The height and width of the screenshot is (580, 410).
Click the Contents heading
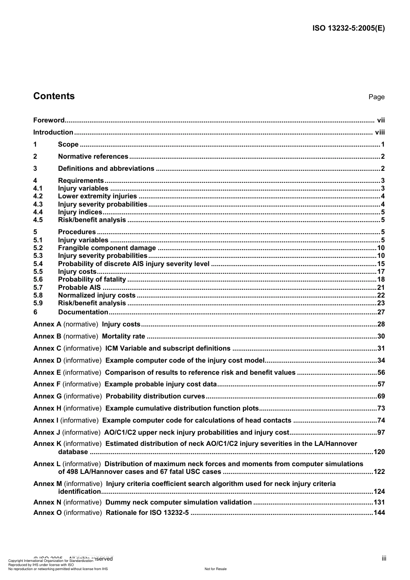(x=54, y=96)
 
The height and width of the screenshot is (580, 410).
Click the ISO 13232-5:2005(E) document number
(x=348, y=28)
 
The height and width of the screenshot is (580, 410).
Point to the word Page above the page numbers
(x=376, y=97)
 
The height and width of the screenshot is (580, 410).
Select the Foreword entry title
(x=49, y=120)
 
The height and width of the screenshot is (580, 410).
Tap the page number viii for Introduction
(x=380, y=132)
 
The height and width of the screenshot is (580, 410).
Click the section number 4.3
(x=38, y=204)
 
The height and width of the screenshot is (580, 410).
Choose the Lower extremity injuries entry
(x=97, y=196)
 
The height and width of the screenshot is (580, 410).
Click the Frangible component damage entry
(x=107, y=248)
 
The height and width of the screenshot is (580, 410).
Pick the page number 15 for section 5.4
(x=381, y=264)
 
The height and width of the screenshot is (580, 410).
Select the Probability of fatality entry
(x=92, y=279)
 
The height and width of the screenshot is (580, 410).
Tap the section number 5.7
(x=38, y=288)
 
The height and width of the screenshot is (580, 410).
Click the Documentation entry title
(x=83, y=312)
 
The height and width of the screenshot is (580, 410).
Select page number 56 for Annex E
(x=381, y=373)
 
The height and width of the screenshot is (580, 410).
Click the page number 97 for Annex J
(x=381, y=433)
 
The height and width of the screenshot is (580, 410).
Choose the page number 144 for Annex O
(x=379, y=513)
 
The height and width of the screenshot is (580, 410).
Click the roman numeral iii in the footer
(x=384, y=558)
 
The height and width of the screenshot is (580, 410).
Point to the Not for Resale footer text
(x=215, y=569)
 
